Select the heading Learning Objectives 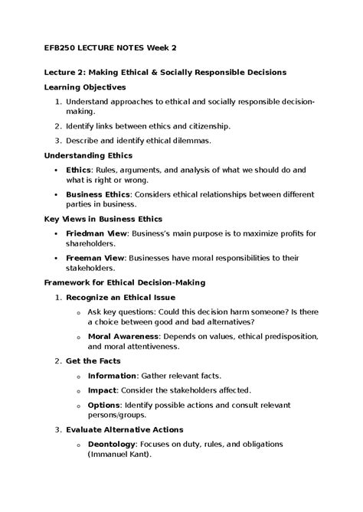[x=86, y=86]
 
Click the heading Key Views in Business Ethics [x=103, y=219]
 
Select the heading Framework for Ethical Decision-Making [x=123, y=282]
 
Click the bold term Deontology [x=113, y=444]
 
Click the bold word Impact [x=102, y=390]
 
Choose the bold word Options [x=104, y=404]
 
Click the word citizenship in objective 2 [x=208, y=126]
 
